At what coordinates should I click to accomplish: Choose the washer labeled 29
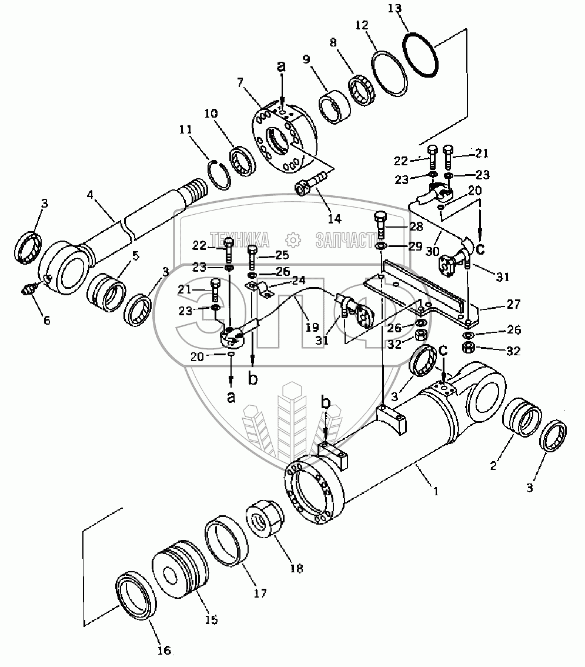coord(380,245)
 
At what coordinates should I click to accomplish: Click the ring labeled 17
coord(226,536)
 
